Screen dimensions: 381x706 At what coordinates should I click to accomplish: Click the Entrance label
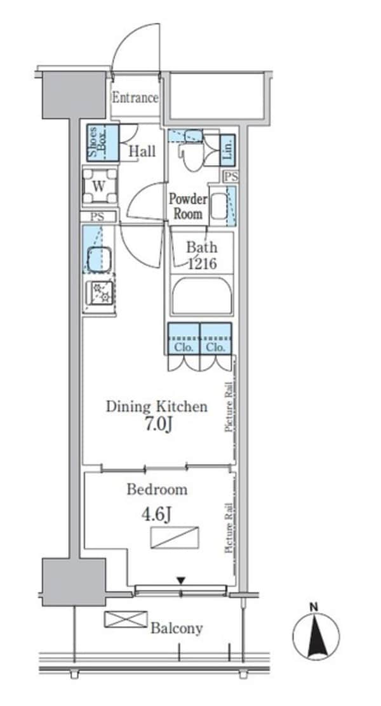tap(135, 98)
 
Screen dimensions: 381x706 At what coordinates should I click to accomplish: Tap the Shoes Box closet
tap(103, 143)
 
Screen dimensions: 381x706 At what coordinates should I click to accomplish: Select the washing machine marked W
tap(100, 185)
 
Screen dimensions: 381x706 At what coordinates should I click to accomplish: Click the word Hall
tap(142, 151)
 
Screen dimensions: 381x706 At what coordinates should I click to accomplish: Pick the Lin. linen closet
tap(227, 149)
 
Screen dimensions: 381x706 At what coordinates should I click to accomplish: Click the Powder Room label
tap(188, 206)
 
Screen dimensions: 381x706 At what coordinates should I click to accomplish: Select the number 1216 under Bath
tap(201, 263)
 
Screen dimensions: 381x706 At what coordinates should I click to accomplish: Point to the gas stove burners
tap(100, 292)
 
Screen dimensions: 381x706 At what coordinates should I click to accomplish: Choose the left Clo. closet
tap(184, 338)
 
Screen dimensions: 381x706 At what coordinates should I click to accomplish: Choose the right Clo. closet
tap(216, 338)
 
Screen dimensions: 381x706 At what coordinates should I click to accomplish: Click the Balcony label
tap(177, 628)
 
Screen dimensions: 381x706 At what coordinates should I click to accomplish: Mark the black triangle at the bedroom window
tap(181, 581)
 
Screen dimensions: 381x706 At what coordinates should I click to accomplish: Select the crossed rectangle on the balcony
tap(126, 619)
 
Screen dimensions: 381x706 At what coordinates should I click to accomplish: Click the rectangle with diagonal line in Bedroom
tap(175, 538)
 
